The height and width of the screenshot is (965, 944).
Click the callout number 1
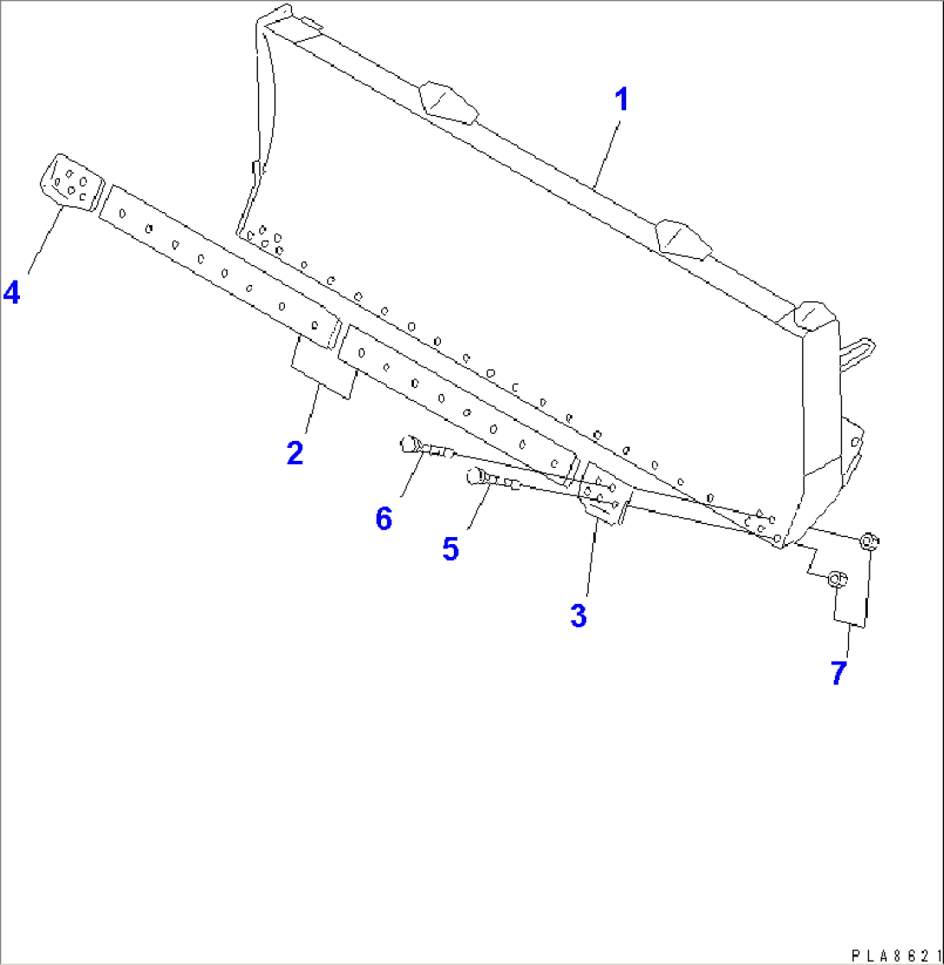click(621, 100)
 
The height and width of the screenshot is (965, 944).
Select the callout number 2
click(295, 451)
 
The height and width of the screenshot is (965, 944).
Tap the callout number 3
click(578, 616)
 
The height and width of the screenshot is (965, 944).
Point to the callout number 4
click(11, 293)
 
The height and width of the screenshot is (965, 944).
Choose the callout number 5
click(450, 548)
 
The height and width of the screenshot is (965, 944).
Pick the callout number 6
click(384, 518)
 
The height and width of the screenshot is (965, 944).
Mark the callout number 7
click(837, 672)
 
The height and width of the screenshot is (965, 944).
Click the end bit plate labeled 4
click(71, 182)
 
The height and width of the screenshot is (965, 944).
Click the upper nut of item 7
click(870, 542)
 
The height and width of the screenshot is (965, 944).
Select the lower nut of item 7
click(837, 580)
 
